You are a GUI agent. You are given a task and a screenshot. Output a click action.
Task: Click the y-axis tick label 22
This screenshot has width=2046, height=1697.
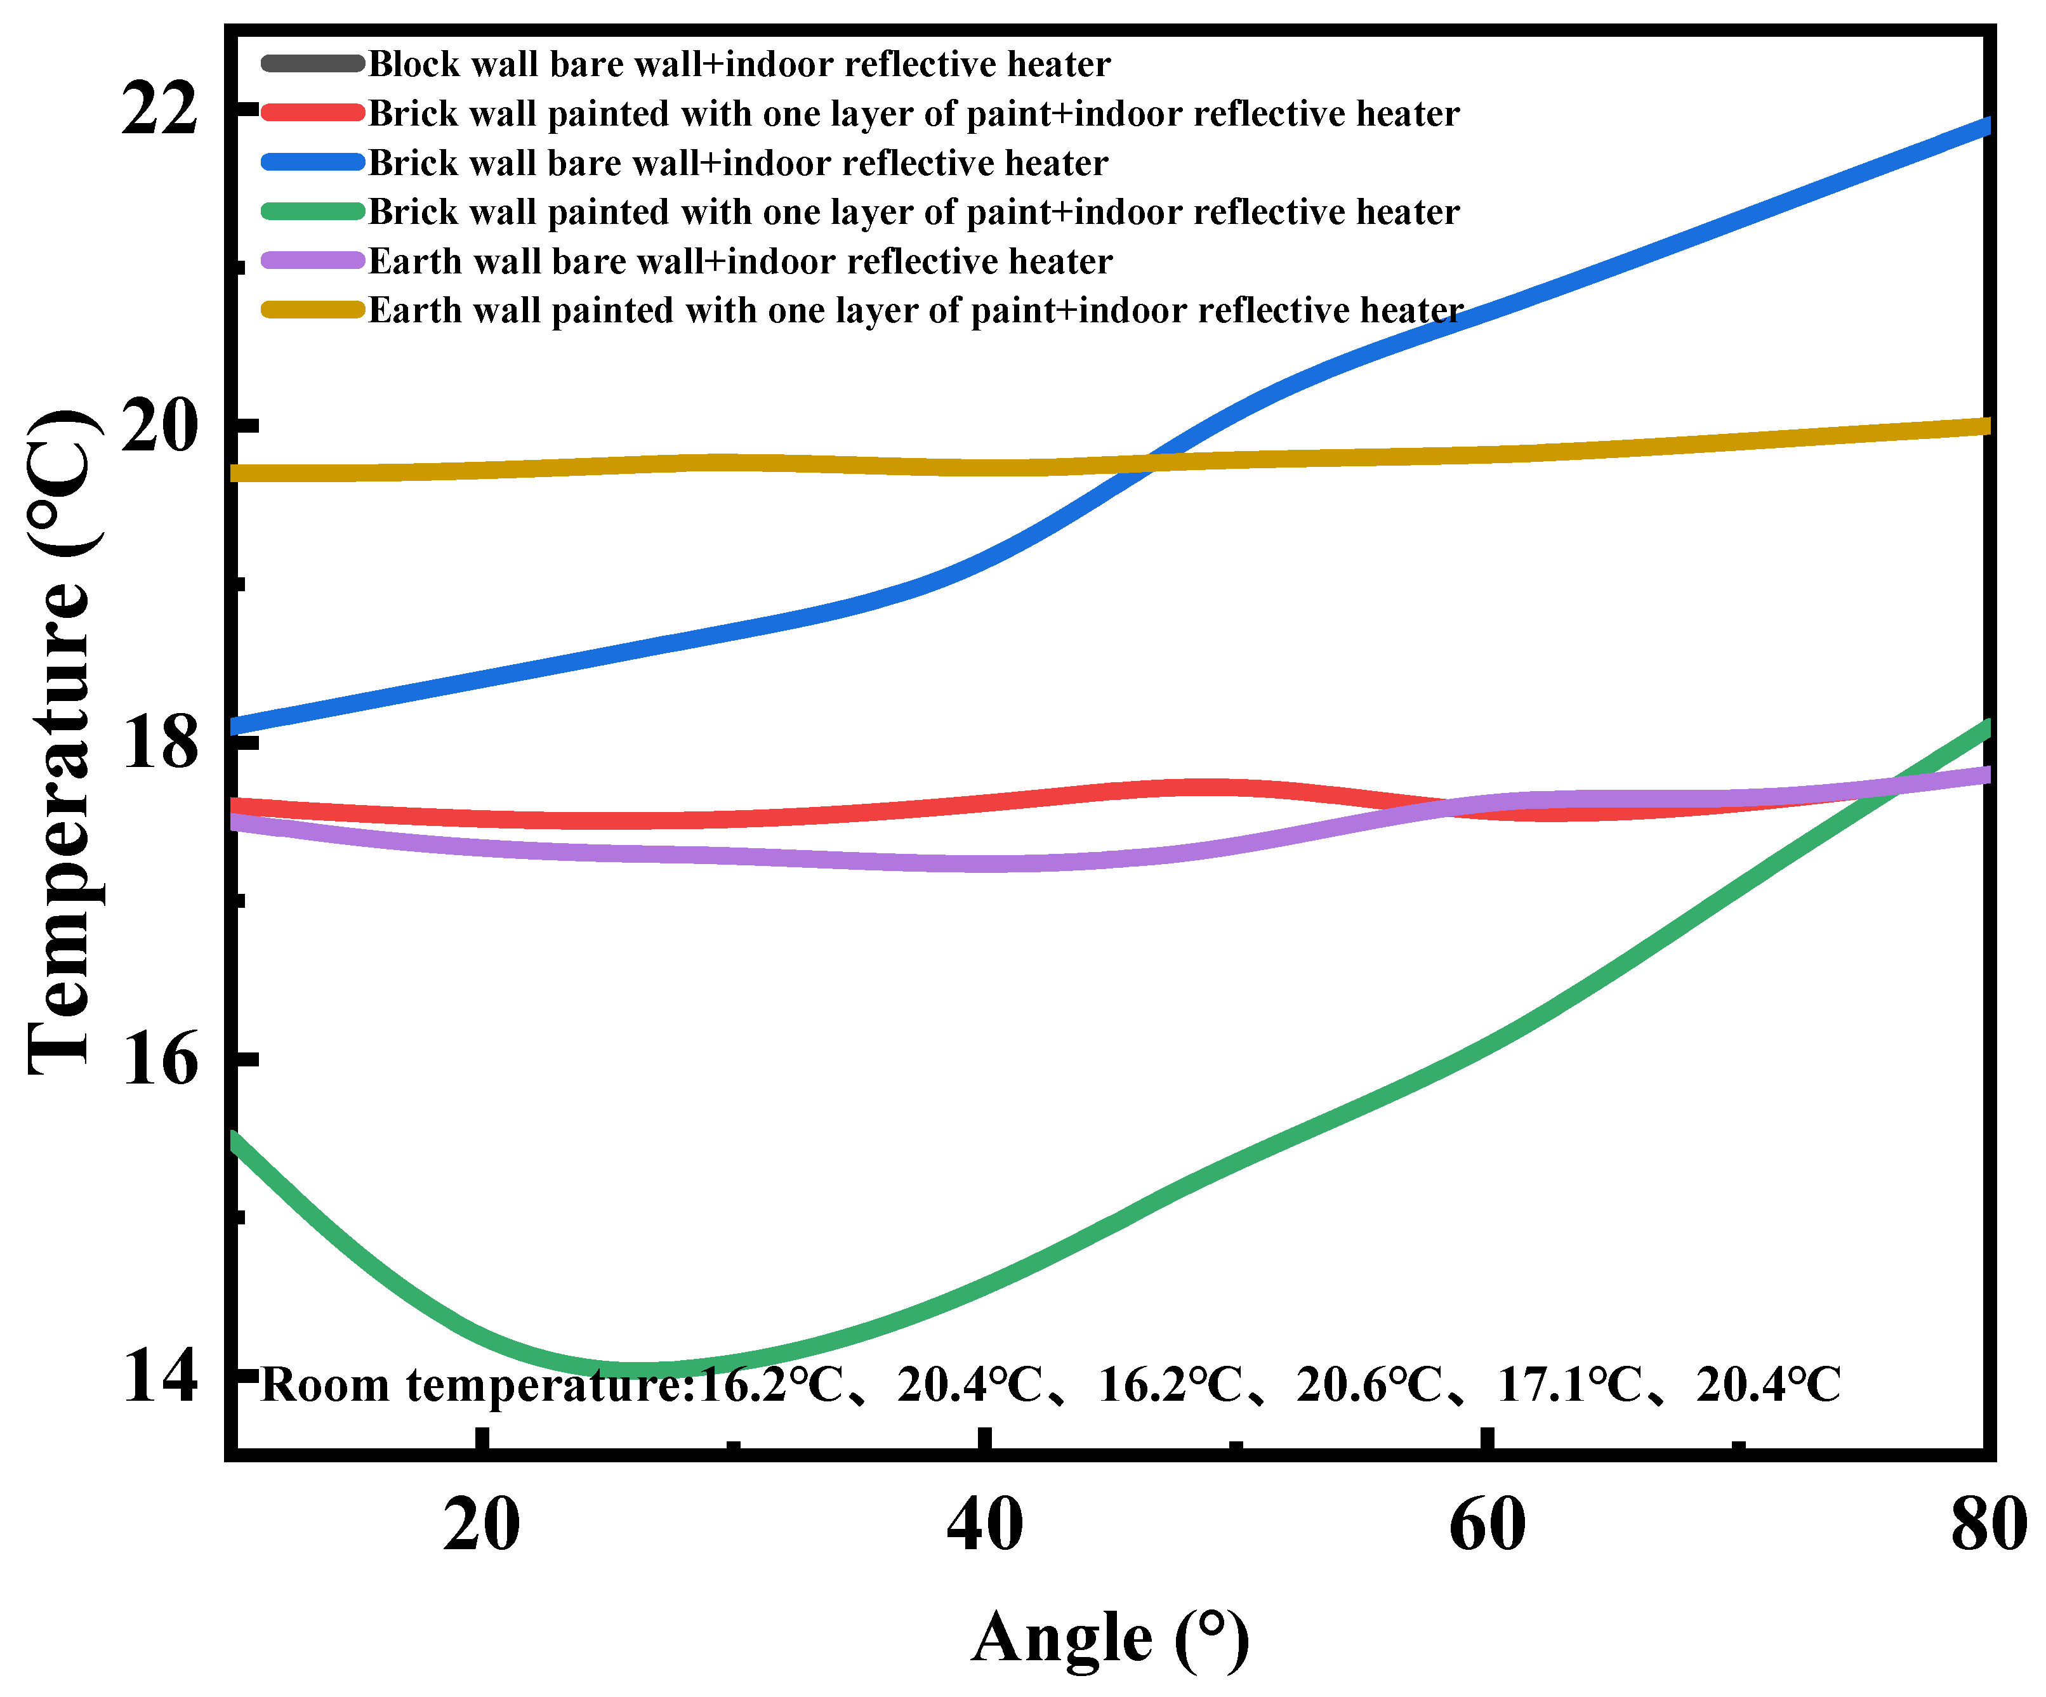click(159, 109)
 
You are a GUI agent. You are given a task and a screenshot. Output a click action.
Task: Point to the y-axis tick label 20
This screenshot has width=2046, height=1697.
click(159, 426)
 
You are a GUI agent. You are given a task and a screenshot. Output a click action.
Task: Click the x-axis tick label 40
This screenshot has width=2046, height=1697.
click(984, 1524)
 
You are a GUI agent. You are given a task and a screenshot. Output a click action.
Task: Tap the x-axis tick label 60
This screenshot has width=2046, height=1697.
click(1487, 1524)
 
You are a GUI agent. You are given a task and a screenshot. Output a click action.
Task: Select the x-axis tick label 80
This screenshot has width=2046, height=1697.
click(1988, 1524)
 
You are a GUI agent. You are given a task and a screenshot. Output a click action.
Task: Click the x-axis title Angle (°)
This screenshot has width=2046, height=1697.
click(1110, 1639)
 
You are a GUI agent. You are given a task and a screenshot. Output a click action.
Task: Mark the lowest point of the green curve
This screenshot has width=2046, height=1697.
click(633, 1370)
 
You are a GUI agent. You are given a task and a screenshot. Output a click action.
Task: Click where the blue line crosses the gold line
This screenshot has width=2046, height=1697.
click(1151, 462)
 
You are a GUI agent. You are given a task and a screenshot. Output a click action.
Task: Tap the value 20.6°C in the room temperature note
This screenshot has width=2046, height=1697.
click(1369, 1384)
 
